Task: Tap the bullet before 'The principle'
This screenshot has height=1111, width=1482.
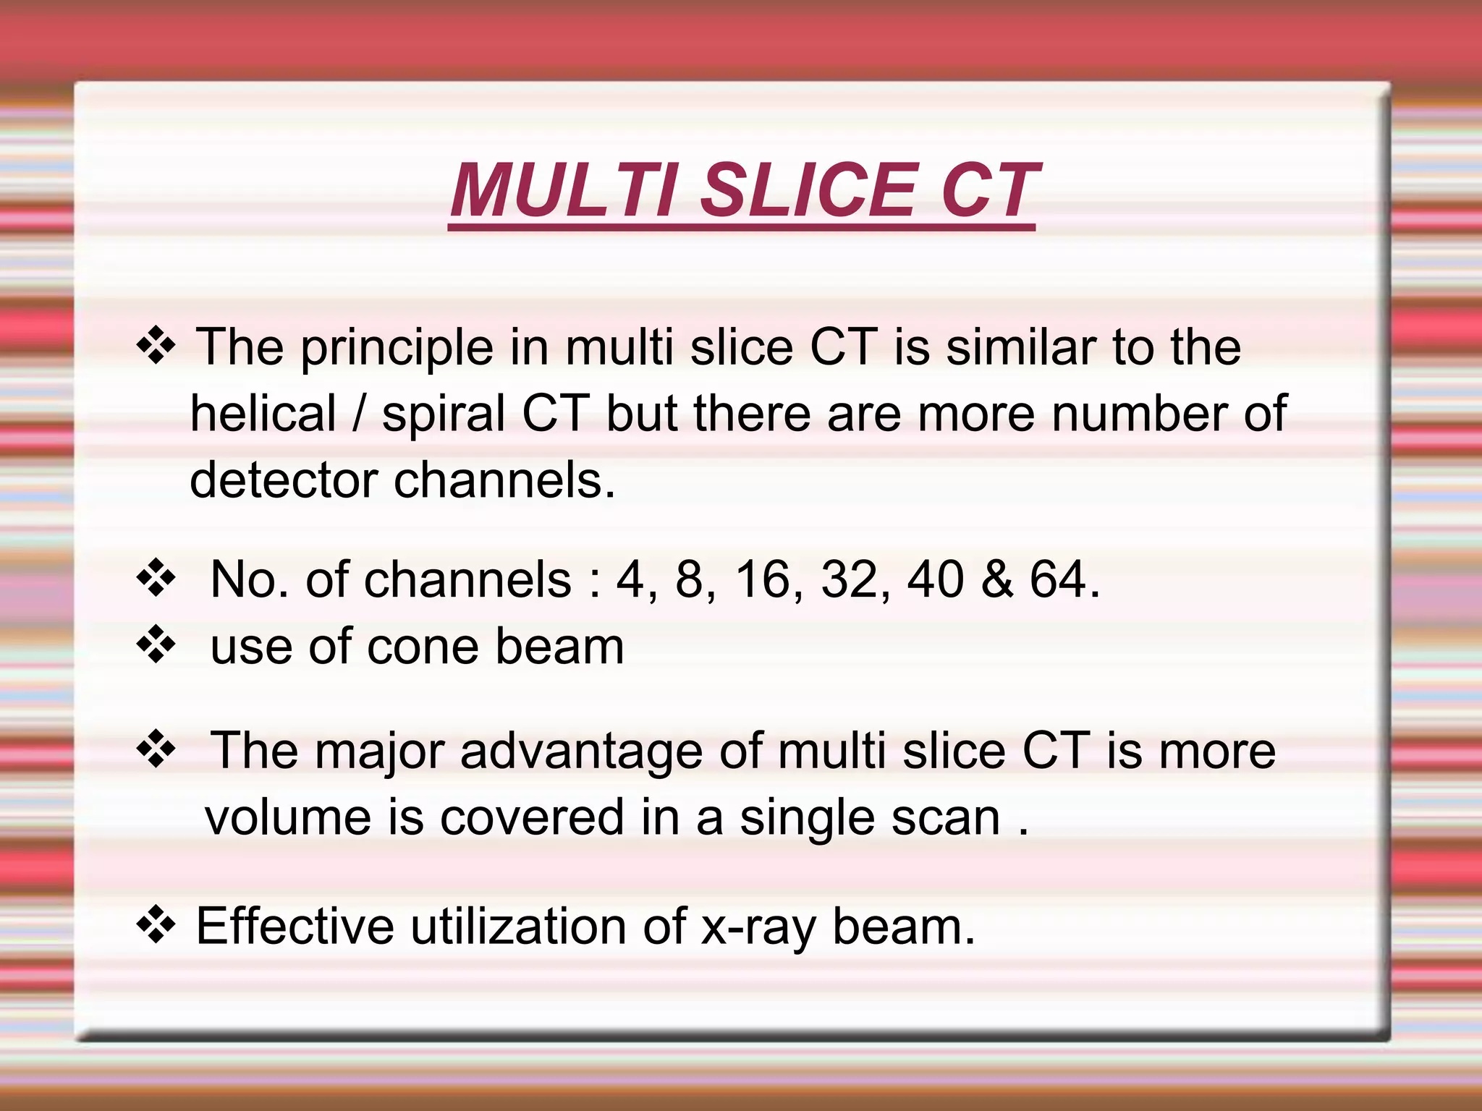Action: coord(156,345)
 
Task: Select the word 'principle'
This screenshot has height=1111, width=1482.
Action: coord(397,349)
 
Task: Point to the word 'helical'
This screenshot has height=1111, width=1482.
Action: coord(263,414)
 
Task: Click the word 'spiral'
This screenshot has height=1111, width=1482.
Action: coord(444,415)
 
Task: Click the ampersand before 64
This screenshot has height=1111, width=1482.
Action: coord(997,579)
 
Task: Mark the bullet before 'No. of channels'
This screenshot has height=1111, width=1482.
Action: coord(156,578)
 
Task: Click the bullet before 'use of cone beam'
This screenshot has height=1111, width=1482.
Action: coord(156,644)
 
